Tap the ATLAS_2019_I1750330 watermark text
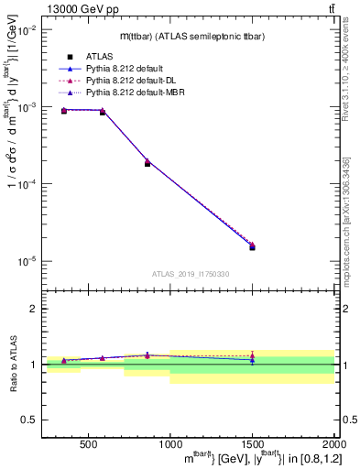[x=191, y=274]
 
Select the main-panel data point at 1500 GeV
[x=252, y=246]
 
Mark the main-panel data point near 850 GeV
[x=147, y=163]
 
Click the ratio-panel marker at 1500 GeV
[x=252, y=359]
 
